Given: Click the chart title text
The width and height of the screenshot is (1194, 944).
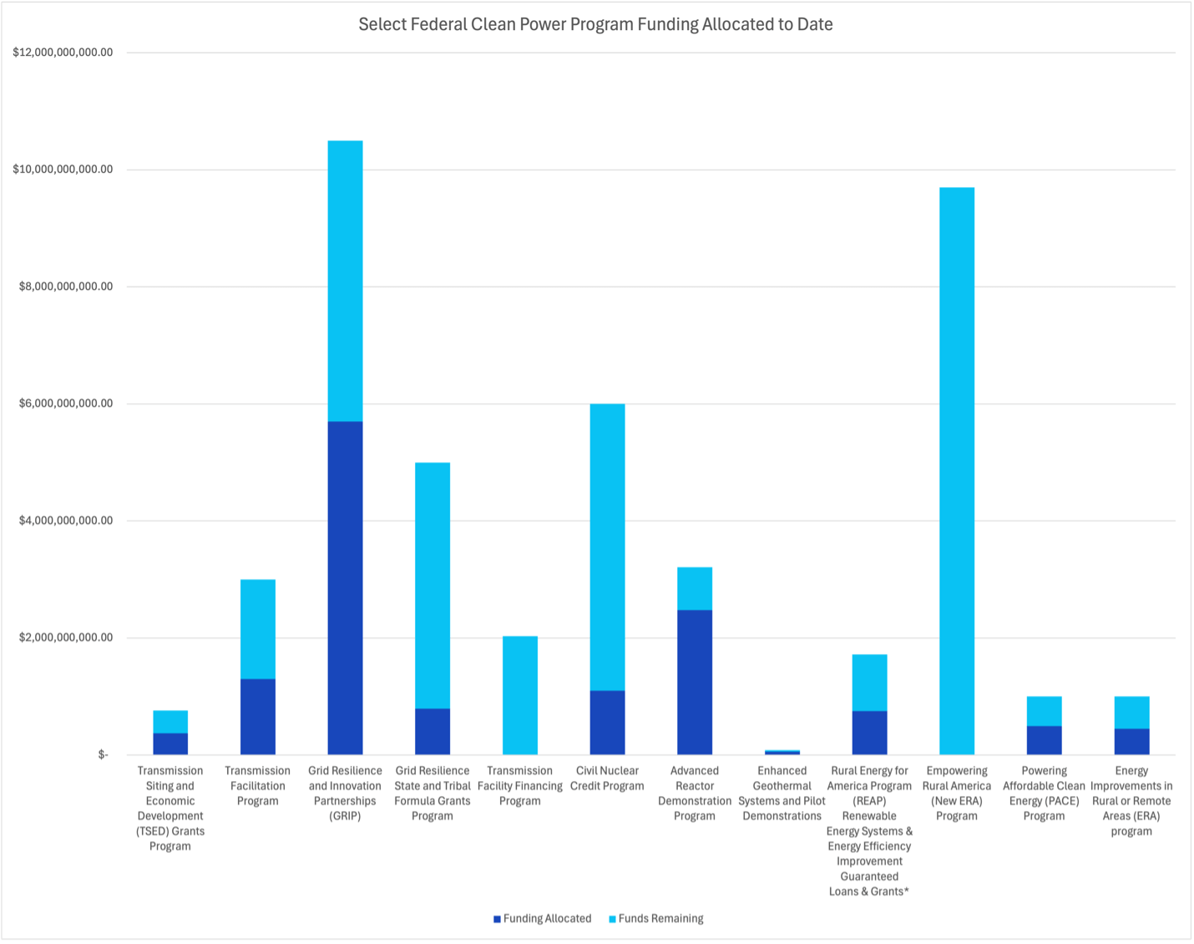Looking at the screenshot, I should [x=595, y=24].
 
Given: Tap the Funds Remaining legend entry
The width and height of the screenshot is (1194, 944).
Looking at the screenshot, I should [x=660, y=918].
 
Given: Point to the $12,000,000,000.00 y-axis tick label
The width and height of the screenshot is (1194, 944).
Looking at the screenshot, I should [x=63, y=53].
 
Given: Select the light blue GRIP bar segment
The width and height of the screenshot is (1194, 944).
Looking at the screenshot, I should [x=345, y=281].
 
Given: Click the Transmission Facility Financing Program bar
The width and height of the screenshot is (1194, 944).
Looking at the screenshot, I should [x=520, y=695].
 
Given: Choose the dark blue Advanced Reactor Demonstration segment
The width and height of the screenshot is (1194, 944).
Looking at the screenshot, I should [x=695, y=682].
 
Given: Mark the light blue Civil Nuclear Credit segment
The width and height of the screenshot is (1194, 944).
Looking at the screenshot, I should [x=607, y=547].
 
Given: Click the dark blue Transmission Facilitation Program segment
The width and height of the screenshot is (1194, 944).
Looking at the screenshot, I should [x=257, y=717].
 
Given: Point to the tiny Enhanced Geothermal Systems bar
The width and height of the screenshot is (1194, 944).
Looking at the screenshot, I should [x=782, y=752].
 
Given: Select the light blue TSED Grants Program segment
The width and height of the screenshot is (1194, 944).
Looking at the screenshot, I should [x=170, y=722].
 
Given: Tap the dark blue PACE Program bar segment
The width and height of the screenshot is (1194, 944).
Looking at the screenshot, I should [x=1044, y=740].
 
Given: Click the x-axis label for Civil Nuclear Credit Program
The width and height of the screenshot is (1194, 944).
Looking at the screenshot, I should [x=607, y=778].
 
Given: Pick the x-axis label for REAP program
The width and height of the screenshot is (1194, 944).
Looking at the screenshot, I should [x=869, y=830].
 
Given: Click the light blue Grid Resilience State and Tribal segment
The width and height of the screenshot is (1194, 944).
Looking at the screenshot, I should [x=433, y=585].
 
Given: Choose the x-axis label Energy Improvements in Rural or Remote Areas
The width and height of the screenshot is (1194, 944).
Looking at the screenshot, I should [x=1131, y=800].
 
